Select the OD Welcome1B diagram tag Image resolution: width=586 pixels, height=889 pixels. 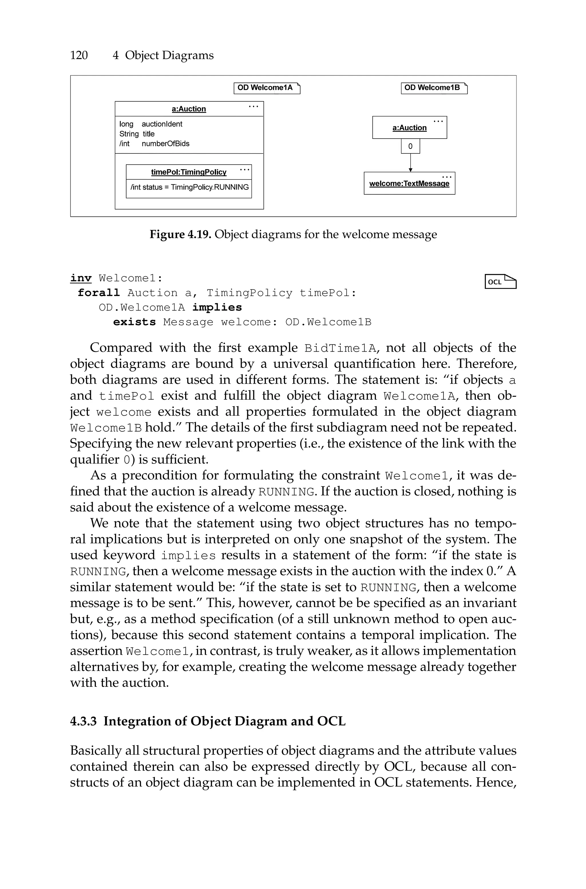point(434,88)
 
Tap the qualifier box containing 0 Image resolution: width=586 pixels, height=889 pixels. point(410,146)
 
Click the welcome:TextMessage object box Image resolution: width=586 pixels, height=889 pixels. point(409,183)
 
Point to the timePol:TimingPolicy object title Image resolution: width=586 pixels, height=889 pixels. point(189,172)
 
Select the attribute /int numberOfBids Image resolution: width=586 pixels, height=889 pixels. point(154,143)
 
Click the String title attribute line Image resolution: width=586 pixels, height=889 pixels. point(137,134)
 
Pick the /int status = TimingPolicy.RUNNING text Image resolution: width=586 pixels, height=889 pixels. point(189,187)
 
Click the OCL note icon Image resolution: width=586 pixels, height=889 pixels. point(500,281)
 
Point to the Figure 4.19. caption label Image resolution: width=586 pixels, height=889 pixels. point(181,235)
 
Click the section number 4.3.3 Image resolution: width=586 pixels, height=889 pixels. point(83,721)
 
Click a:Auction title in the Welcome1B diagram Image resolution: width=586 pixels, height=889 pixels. point(409,128)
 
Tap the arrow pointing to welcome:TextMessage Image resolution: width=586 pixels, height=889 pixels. point(410,163)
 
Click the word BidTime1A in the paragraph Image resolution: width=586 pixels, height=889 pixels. point(340,348)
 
